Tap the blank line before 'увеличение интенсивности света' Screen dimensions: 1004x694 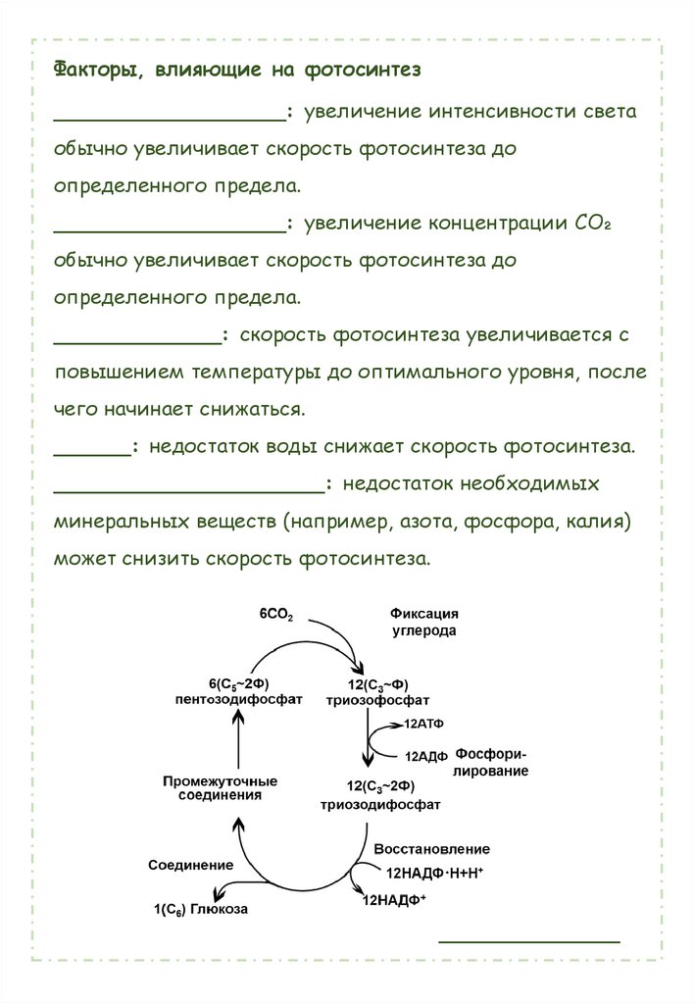pyautogui.click(x=170, y=119)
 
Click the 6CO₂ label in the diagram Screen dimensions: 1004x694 pyautogui.click(x=276, y=614)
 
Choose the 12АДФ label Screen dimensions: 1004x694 pyautogui.click(x=425, y=756)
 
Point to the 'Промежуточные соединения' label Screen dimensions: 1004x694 pyautogui.click(x=220, y=788)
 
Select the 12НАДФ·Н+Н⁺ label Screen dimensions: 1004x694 pyautogui.click(x=435, y=871)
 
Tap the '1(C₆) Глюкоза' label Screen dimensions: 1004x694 pyautogui.click(x=200, y=909)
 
